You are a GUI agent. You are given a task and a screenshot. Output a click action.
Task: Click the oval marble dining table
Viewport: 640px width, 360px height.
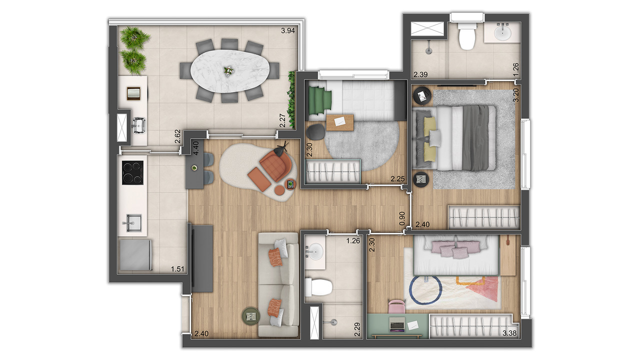point(230,71)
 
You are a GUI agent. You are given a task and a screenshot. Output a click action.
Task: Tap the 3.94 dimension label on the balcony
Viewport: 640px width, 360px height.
point(287,30)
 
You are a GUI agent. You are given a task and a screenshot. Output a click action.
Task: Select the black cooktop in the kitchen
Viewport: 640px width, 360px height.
point(132,173)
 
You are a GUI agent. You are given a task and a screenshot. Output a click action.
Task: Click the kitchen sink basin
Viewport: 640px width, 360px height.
point(133,222)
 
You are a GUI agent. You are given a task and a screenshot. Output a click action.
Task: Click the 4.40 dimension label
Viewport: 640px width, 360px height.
point(196,148)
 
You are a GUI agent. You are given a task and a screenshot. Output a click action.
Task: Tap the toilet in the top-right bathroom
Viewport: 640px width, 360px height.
point(467,36)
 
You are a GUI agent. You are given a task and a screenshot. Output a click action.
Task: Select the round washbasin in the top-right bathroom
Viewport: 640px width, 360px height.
point(502,33)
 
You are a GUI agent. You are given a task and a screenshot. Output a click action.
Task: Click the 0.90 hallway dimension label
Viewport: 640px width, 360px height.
point(402,218)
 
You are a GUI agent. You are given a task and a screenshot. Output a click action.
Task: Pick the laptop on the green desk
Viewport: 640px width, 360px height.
point(397,324)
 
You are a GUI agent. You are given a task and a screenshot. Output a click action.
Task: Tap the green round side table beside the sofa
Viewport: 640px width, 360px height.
point(251,315)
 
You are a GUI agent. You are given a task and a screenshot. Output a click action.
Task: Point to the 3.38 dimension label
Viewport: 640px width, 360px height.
point(509,333)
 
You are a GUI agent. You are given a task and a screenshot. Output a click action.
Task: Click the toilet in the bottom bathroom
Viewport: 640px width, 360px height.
point(319,287)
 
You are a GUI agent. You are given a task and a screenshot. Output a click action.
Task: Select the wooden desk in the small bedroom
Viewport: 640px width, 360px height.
point(340,122)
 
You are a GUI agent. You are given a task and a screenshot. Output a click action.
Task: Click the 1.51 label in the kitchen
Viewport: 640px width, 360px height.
point(177,269)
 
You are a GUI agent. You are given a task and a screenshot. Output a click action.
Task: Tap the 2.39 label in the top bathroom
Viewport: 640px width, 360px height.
point(420,74)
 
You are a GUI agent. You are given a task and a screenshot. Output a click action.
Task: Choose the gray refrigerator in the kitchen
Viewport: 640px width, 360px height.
point(135,255)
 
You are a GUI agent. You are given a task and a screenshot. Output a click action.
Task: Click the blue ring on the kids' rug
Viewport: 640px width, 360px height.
point(425,289)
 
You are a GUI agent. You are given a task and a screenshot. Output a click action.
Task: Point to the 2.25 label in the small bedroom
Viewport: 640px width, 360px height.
point(397,179)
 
